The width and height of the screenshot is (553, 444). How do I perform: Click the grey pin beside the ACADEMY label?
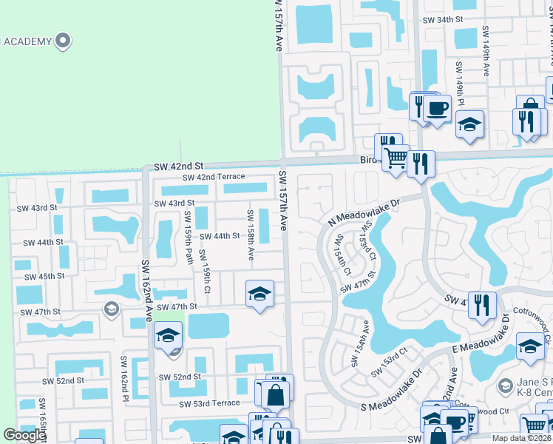click(64, 41)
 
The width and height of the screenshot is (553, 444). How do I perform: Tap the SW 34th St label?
click(442, 21)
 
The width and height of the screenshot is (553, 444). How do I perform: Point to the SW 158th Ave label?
click(251, 235)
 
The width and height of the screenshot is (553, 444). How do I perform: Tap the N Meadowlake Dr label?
click(363, 212)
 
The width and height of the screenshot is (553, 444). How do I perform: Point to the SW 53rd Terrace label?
click(209, 403)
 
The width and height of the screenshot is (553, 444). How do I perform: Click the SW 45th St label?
click(44, 276)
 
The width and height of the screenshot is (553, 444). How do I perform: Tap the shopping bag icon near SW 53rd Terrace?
click(275, 396)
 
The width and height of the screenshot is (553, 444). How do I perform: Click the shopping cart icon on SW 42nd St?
click(396, 157)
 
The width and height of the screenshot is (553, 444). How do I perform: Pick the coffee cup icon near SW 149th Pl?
click(437, 108)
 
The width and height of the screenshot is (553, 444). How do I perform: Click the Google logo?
click(24, 435)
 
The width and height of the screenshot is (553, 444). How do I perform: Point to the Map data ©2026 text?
click(520, 438)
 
